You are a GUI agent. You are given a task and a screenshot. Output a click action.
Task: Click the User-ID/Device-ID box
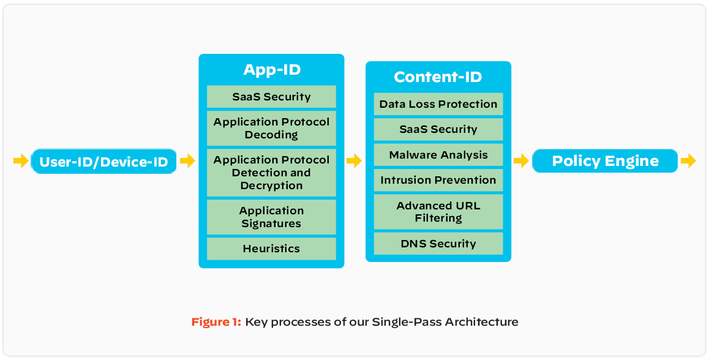(x=103, y=162)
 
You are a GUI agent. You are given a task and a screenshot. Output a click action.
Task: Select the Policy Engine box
(x=605, y=161)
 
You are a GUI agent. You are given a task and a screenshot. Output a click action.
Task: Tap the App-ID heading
(x=272, y=70)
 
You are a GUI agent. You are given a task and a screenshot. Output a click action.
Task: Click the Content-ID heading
(x=438, y=77)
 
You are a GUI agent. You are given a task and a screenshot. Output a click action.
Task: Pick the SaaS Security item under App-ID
(x=271, y=97)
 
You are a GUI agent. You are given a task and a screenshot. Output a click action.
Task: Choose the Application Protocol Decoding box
(x=271, y=128)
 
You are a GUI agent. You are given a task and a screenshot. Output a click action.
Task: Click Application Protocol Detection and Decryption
(x=271, y=172)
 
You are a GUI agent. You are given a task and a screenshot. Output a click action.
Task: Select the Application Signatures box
(x=271, y=217)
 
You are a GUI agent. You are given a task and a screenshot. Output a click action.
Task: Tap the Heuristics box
(x=271, y=249)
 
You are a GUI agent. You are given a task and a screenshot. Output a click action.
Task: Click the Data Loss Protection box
(x=438, y=104)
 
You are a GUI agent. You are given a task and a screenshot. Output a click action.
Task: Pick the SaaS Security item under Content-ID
(x=438, y=129)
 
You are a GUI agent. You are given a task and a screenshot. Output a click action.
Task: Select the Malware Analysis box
(x=438, y=155)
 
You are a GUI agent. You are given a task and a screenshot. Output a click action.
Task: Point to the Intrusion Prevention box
(x=438, y=180)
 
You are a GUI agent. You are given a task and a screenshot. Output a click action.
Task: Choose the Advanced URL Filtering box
(x=438, y=212)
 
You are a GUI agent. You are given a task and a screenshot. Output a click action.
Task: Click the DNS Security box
(x=438, y=244)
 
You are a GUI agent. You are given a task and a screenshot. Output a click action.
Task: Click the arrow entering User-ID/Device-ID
(x=21, y=161)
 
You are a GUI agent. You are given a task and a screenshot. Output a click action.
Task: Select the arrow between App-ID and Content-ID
(x=354, y=161)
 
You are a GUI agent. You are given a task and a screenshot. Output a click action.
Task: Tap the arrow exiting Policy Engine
(x=688, y=161)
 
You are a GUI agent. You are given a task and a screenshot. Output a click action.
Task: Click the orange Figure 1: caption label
(x=216, y=322)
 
